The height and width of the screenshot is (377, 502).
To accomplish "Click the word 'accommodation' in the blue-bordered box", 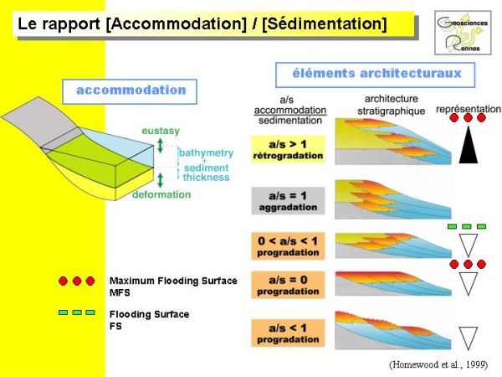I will coord(131,90).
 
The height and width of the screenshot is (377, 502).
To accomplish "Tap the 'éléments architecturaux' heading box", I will coord(369,75).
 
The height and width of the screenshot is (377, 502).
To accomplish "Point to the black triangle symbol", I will coord(468,147).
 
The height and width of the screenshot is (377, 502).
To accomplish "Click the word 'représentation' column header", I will coord(469,109).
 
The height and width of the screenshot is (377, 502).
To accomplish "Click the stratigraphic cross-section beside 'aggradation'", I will coord(381,198).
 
